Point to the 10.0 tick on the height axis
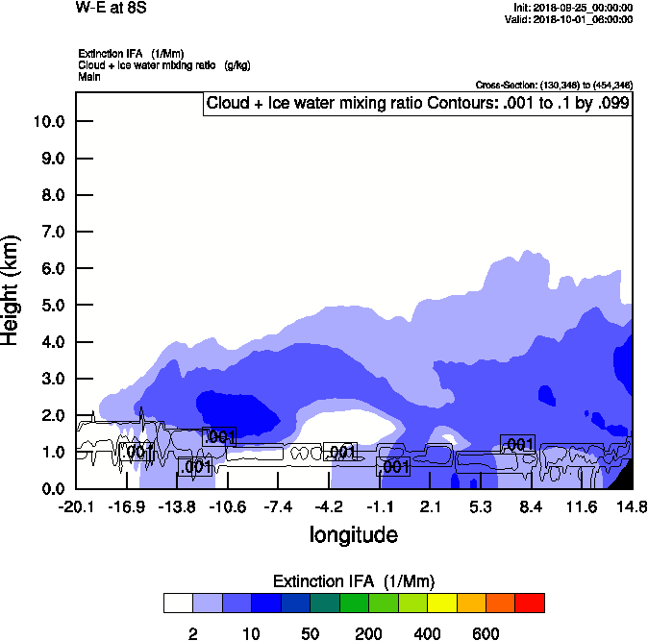point(47,122)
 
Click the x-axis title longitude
point(353,533)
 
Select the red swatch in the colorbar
point(530,604)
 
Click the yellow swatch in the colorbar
point(441,604)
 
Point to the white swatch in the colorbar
point(178,604)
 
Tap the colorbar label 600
point(486,633)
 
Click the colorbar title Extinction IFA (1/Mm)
point(354,581)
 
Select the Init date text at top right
point(574,8)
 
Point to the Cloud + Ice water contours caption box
point(418,103)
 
